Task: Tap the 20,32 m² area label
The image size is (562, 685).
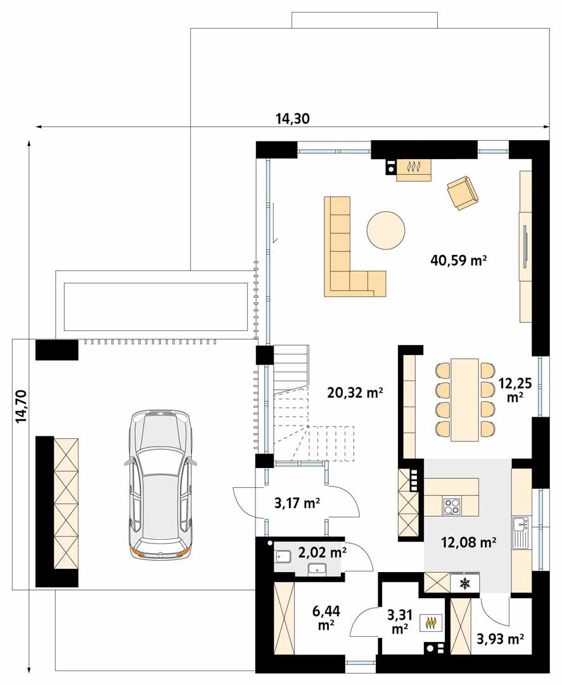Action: point(355,393)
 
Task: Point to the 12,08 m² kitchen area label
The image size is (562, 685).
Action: point(468,542)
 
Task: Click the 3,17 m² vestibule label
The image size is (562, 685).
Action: point(297,504)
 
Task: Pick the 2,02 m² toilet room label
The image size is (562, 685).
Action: point(322,552)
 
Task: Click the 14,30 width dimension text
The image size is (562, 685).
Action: point(292,118)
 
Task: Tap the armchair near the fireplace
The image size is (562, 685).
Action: point(463,192)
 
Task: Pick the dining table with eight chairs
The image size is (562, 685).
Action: point(464,399)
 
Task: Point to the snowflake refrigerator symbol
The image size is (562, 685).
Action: point(464,583)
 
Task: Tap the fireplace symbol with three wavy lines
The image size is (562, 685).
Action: point(414,169)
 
